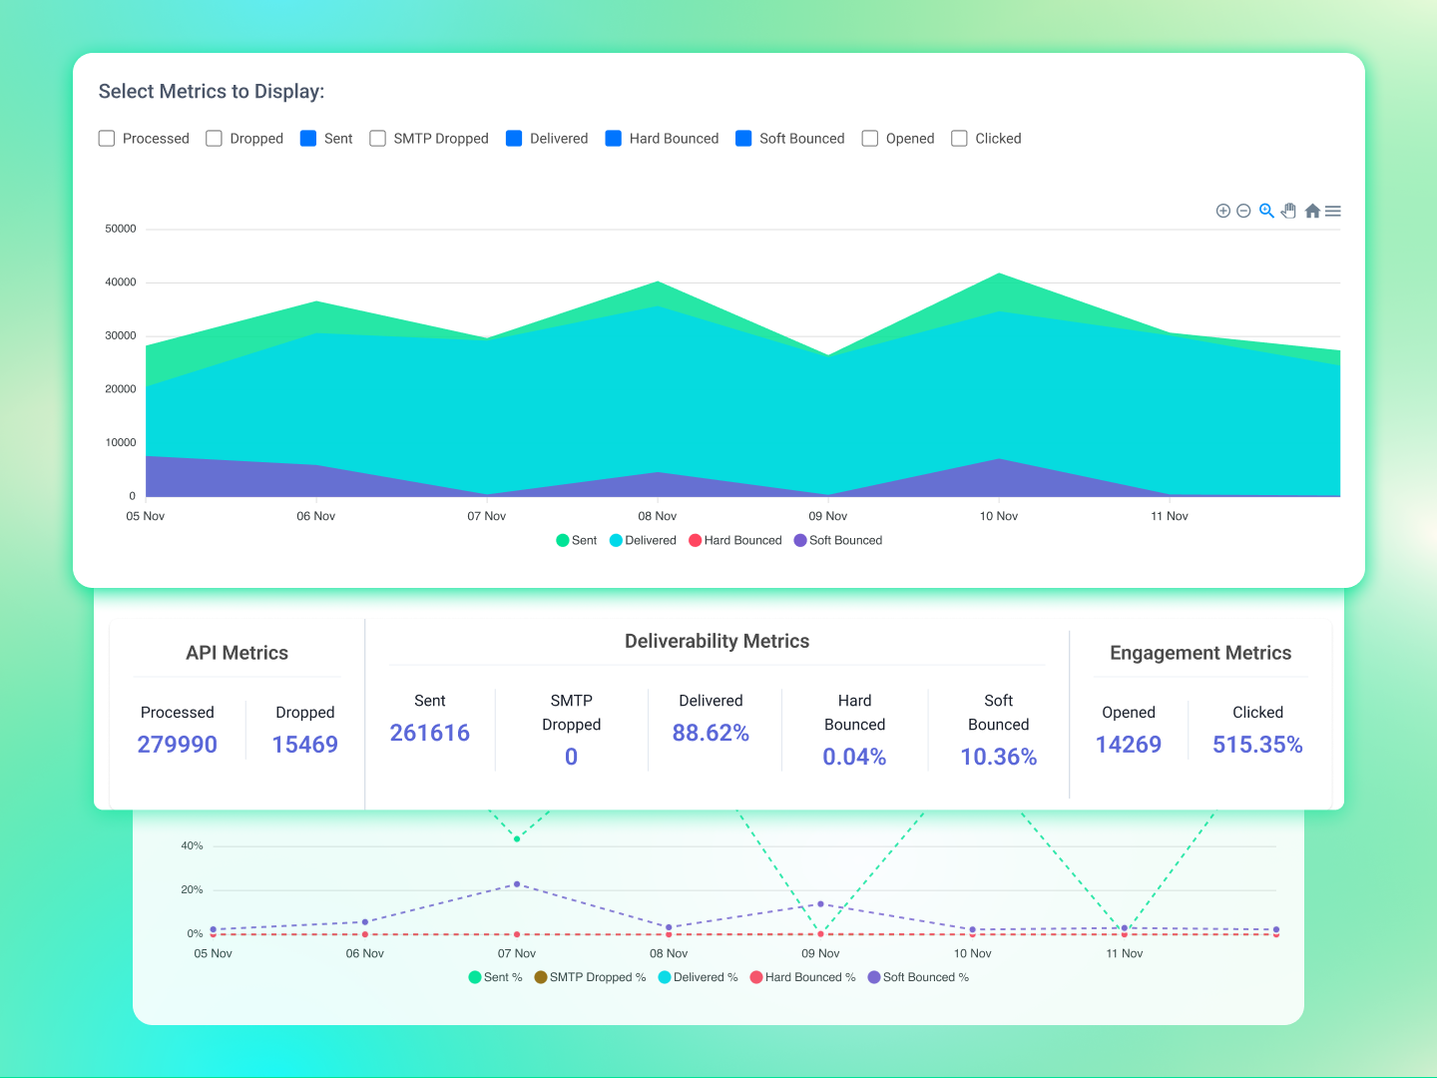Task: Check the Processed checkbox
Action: pyautogui.click(x=107, y=138)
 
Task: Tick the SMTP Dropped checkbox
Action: pyautogui.click(x=378, y=138)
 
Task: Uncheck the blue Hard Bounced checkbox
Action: pyautogui.click(x=614, y=138)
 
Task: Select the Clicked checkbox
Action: pyautogui.click(x=959, y=138)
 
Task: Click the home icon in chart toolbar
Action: pyautogui.click(x=1312, y=211)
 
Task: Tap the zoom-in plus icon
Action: pyautogui.click(x=1222, y=211)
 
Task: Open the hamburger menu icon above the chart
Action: pyautogui.click(x=1333, y=211)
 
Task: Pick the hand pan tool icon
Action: pyautogui.click(x=1289, y=211)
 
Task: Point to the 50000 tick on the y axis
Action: pyautogui.click(x=121, y=229)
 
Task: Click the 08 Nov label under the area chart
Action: pyautogui.click(x=658, y=516)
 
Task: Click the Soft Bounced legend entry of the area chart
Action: pyautogui.click(x=838, y=540)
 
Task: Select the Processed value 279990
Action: pyautogui.click(x=177, y=745)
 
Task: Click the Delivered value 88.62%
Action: pyautogui.click(x=711, y=733)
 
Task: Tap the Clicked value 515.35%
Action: pyautogui.click(x=1257, y=745)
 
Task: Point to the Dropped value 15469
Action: pyautogui.click(x=304, y=745)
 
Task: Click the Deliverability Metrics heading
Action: pyautogui.click(x=717, y=641)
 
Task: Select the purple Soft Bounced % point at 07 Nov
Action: pyautogui.click(x=517, y=883)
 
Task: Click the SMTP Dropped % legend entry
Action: pyautogui.click(x=590, y=977)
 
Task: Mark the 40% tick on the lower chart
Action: pyautogui.click(x=192, y=845)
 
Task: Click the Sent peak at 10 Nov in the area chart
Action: pyautogui.click(x=999, y=273)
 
